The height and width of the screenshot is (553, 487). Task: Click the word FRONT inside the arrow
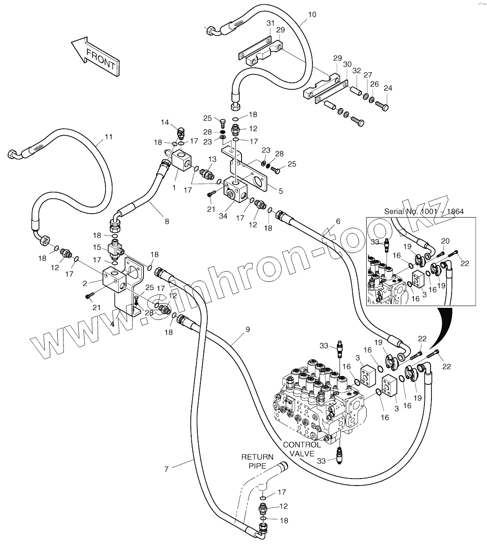(101, 60)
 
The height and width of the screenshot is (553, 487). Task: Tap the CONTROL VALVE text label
(301, 449)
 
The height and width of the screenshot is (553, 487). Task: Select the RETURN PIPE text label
(257, 461)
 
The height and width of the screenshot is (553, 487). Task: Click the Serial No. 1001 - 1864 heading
(424, 211)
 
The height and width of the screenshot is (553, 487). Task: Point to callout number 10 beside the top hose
(312, 14)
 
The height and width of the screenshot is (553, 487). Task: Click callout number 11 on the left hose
(109, 137)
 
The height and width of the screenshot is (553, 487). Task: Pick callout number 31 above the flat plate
(270, 23)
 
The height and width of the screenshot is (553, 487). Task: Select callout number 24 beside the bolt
(388, 88)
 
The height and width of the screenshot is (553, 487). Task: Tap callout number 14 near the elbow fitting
(165, 122)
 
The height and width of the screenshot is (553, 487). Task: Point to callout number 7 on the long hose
(166, 469)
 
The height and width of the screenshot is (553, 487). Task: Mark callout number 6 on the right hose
(338, 222)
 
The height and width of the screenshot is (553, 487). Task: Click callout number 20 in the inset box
(445, 241)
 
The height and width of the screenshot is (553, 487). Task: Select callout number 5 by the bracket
(280, 191)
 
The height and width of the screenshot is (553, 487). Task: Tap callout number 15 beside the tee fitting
(97, 247)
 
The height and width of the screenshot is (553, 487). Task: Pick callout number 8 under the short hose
(167, 222)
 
